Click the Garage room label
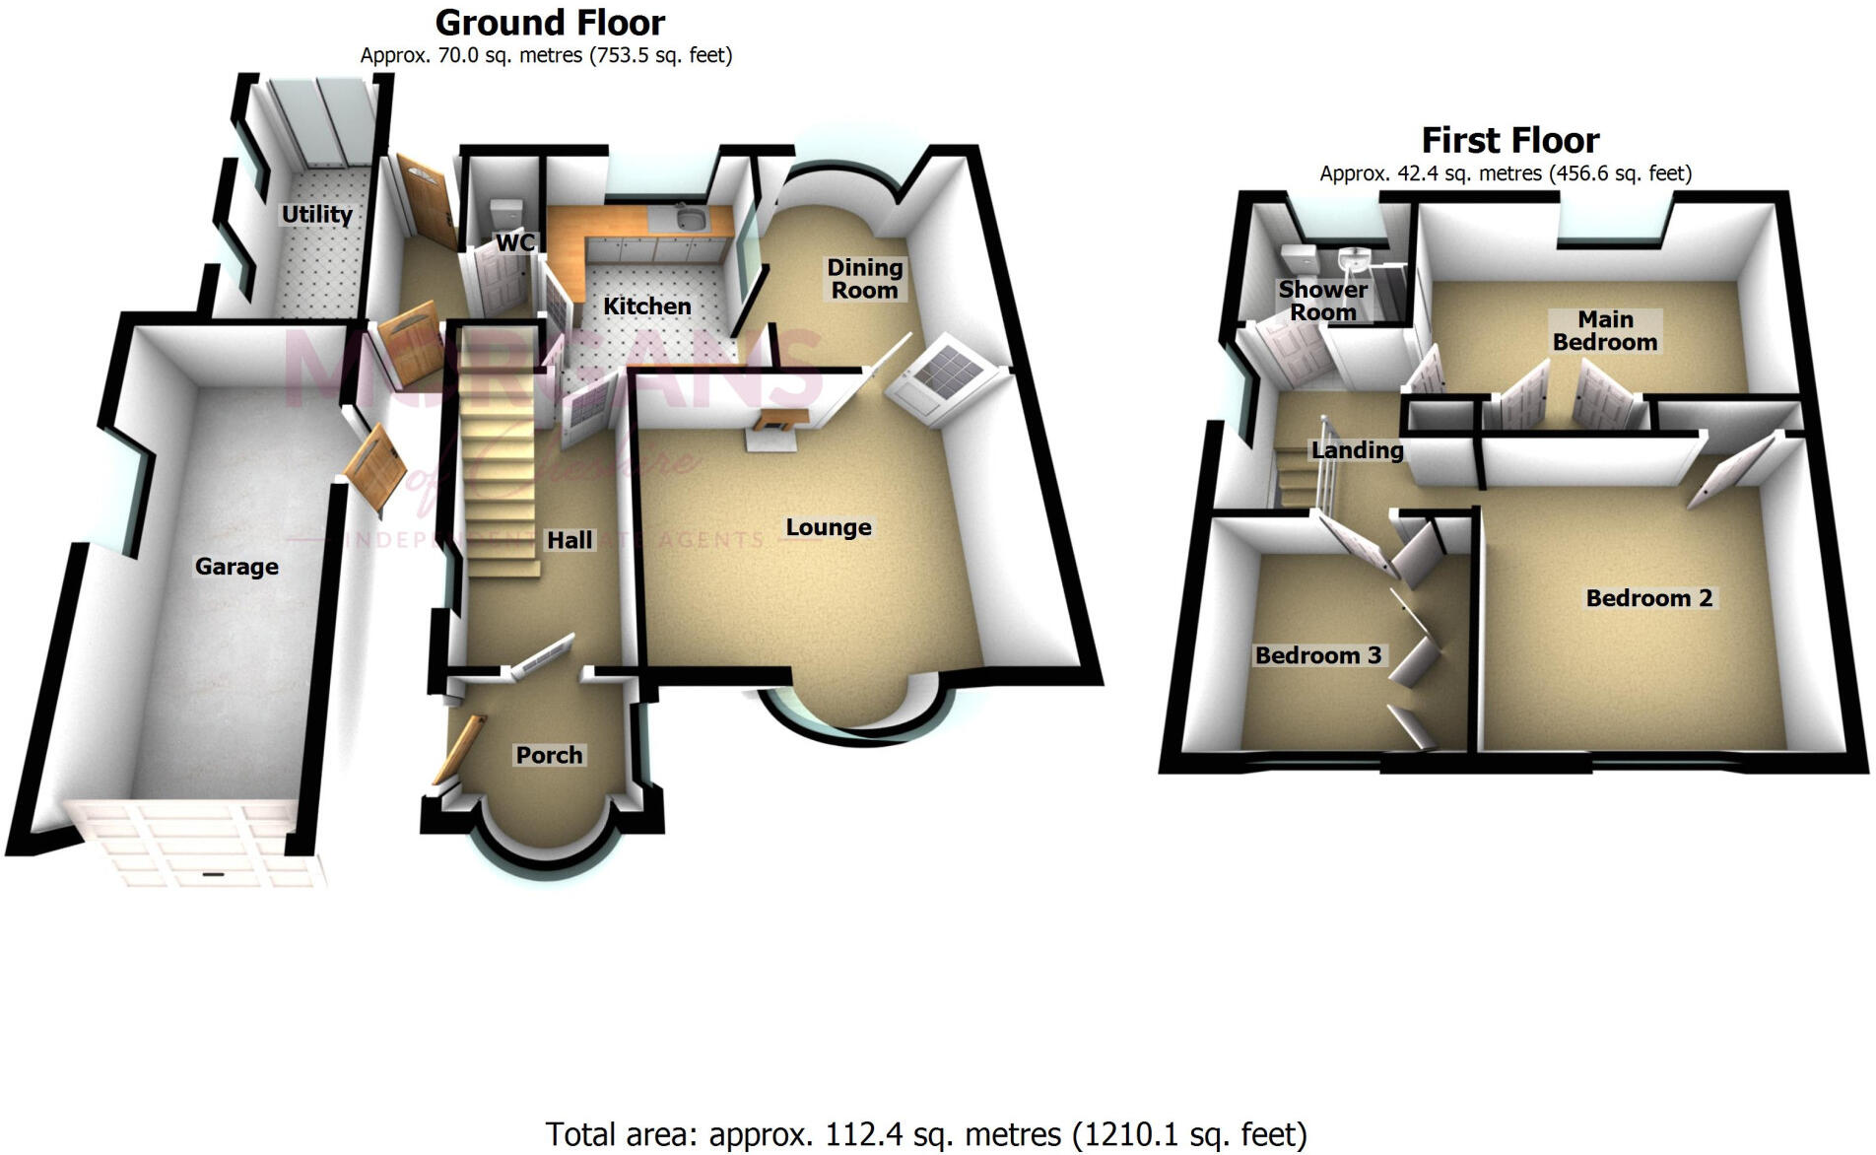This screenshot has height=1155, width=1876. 236,567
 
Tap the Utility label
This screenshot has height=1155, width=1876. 316,214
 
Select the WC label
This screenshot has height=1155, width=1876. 515,241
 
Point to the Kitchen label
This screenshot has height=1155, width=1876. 646,306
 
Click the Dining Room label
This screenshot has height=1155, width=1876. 864,279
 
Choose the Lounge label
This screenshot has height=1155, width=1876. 828,527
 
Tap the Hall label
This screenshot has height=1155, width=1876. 569,540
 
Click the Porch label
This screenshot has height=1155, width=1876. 549,755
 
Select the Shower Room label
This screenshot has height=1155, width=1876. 1322,301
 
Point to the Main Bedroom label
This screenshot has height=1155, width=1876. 1604,331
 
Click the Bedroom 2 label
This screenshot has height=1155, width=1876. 1648,598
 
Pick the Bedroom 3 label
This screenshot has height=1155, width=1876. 1317,655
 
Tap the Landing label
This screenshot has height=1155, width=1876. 1357,450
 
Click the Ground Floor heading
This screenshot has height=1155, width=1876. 550,22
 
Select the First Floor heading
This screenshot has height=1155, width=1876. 1509,140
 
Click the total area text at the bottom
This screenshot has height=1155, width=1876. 925,1134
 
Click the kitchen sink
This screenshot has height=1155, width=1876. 688,218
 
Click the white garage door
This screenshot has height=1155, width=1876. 197,845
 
